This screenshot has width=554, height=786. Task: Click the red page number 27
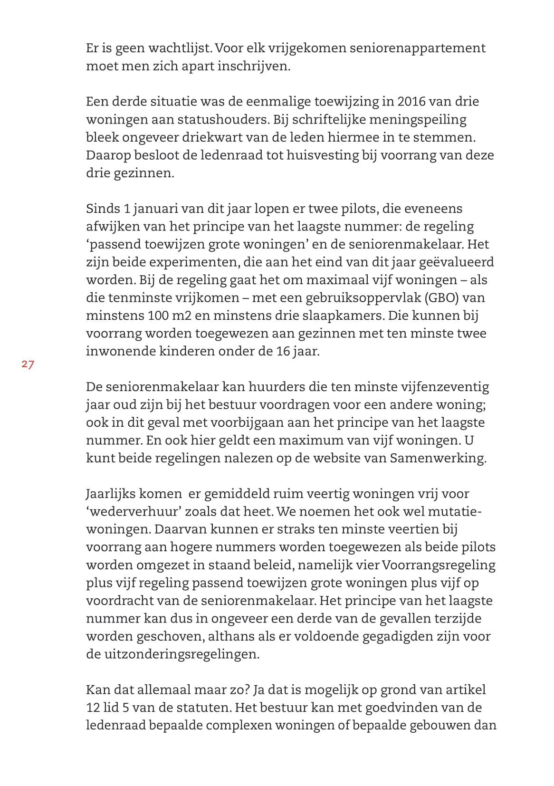(x=28, y=365)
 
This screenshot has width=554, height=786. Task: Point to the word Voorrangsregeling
(x=438, y=565)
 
